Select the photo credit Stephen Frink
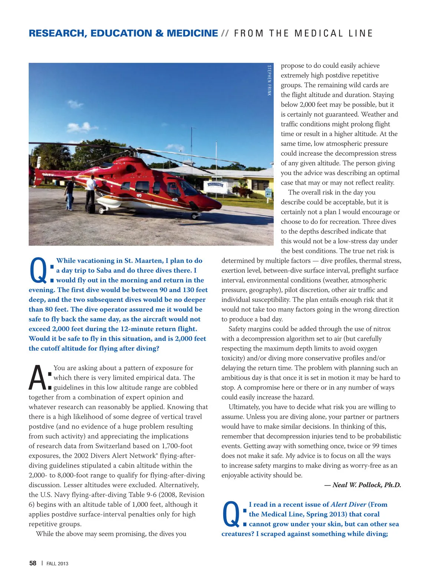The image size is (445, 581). click(x=269, y=80)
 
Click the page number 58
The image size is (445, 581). click(x=33, y=563)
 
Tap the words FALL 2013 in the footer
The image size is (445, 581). click(x=57, y=564)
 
